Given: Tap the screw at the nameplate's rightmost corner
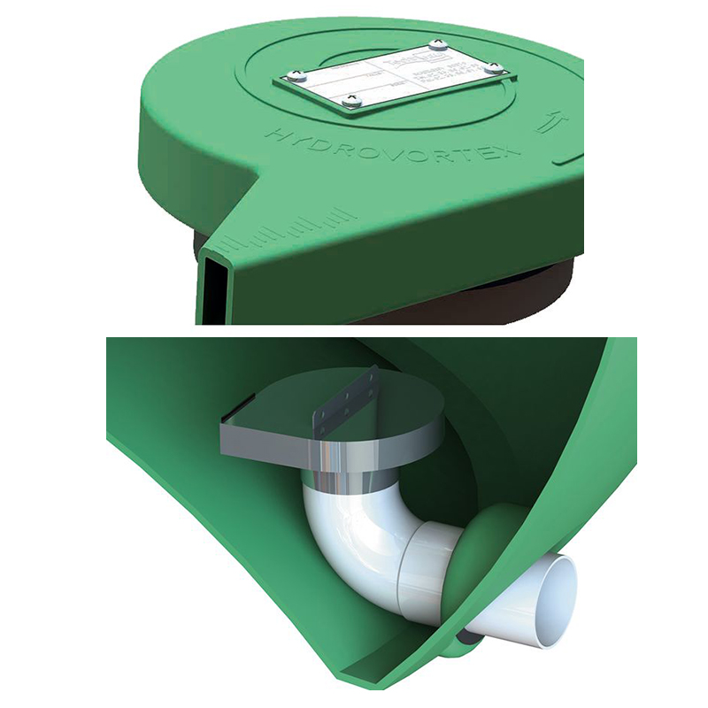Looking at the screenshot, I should (x=495, y=68).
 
